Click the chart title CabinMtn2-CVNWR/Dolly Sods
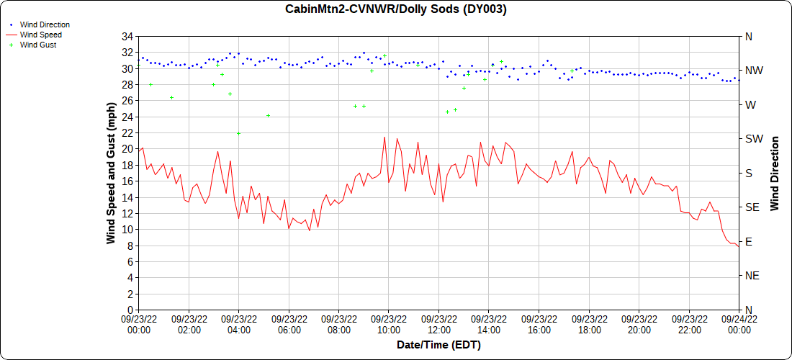(x=396, y=9)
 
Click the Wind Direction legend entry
(x=45, y=24)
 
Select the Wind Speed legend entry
(x=40, y=35)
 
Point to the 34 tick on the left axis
(x=127, y=37)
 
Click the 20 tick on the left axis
(x=127, y=149)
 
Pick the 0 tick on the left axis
(x=130, y=310)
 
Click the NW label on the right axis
(x=753, y=71)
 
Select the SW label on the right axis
(x=753, y=139)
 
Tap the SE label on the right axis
(x=752, y=207)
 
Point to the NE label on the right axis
(x=752, y=276)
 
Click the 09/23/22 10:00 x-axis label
(x=389, y=324)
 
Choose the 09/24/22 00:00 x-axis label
(x=739, y=324)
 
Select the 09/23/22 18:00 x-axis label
(x=589, y=324)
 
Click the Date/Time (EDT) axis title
(x=438, y=345)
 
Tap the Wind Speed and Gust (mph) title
(x=111, y=173)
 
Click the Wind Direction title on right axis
(x=775, y=173)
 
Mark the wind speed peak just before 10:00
(x=384, y=138)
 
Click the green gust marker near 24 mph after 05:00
(x=268, y=115)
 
